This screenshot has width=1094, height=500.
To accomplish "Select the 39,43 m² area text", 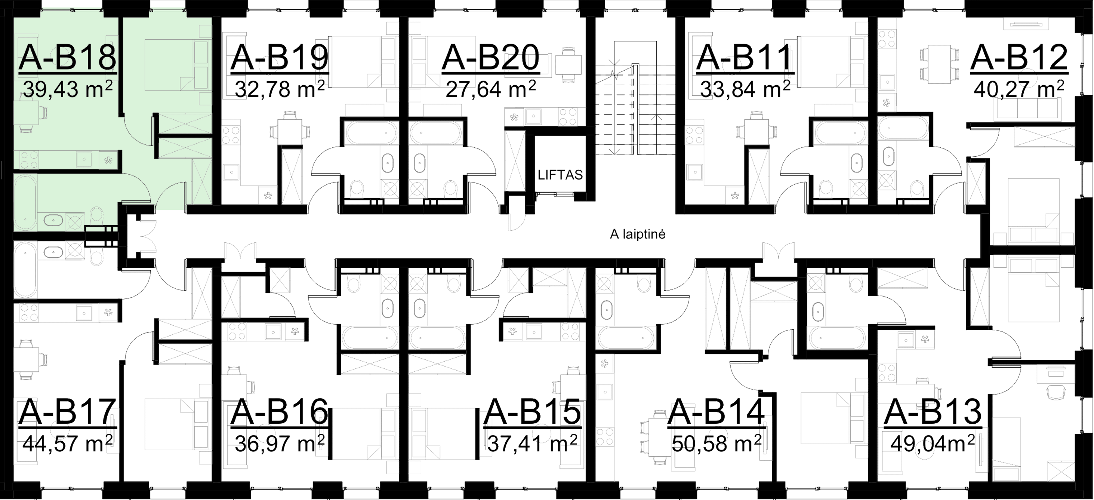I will (68, 90).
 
